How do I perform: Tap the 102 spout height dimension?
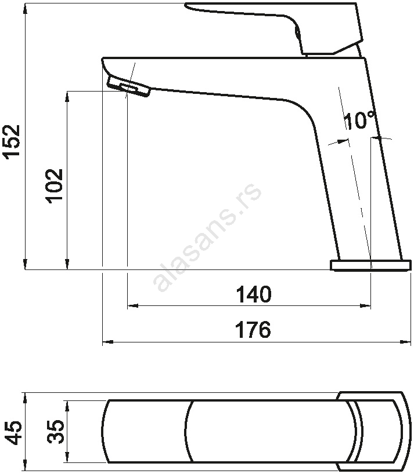click(x=54, y=185)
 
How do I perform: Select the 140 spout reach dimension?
click(x=254, y=294)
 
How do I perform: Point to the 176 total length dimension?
click(x=253, y=330)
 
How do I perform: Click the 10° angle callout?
click(x=361, y=120)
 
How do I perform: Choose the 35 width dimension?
click(x=56, y=431)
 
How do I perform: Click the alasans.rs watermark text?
click(x=207, y=238)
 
